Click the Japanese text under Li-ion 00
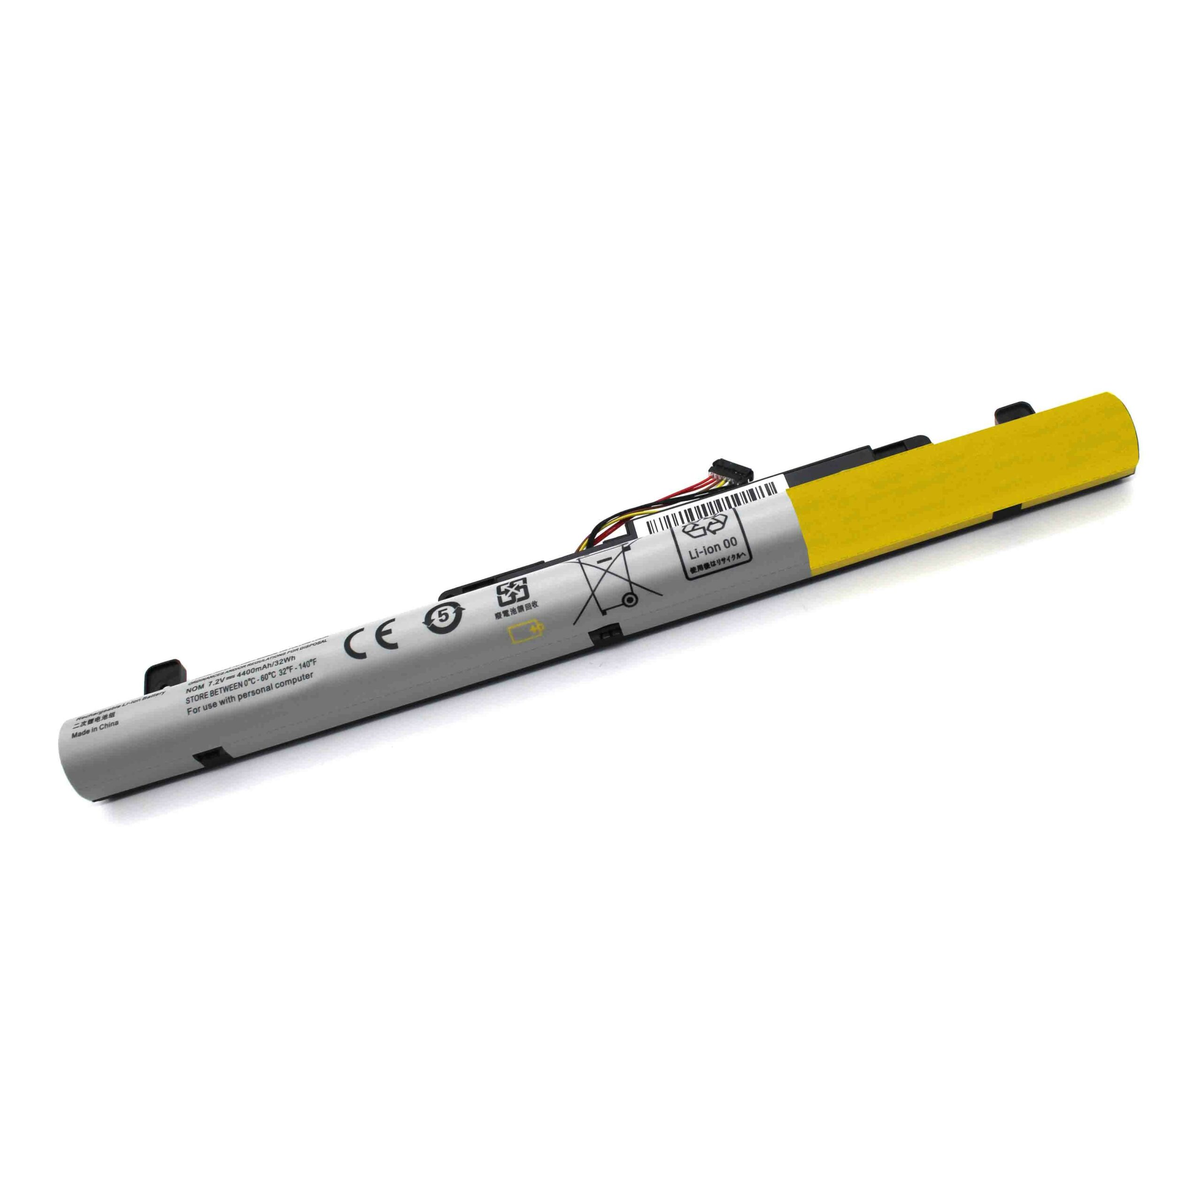pos(717,555)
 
